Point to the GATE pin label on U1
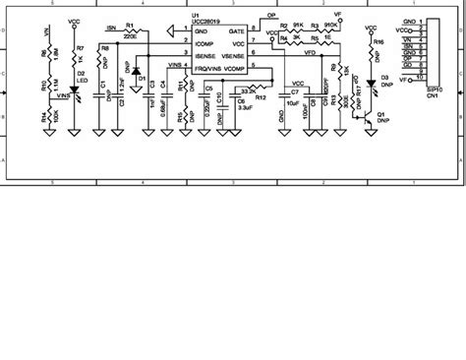236,32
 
